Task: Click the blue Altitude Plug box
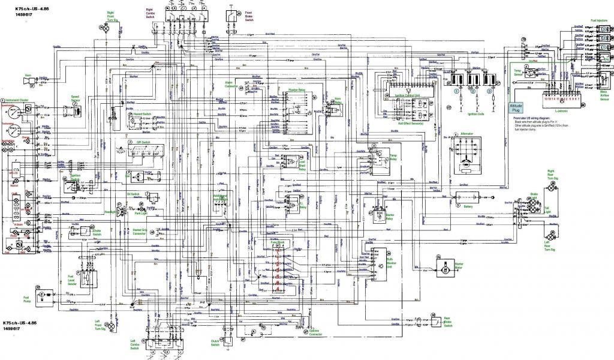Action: (x=516, y=107)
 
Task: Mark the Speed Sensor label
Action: (x=76, y=98)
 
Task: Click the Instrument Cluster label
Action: (x=19, y=101)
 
